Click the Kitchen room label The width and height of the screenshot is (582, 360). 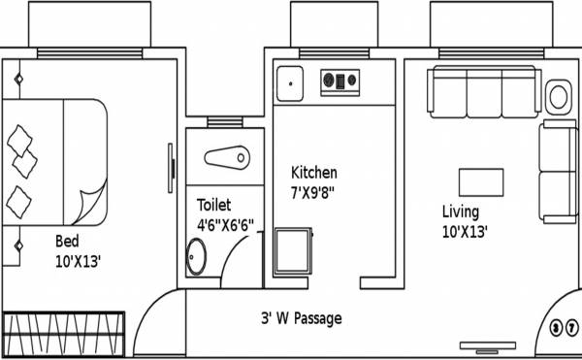[x=314, y=173]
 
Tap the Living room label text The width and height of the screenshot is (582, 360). [x=460, y=212]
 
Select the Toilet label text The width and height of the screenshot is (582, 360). [x=214, y=205]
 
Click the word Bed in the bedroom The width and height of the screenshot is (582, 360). [x=67, y=241]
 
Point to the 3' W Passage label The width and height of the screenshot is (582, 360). [x=301, y=318]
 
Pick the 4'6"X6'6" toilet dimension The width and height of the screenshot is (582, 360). [x=225, y=224]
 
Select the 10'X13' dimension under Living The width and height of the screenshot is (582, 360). [x=465, y=232]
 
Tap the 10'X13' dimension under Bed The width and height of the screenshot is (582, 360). [x=78, y=260]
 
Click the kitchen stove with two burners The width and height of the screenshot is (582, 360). [x=340, y=81]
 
